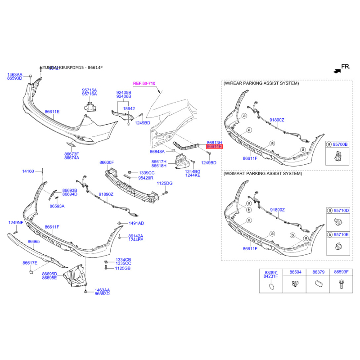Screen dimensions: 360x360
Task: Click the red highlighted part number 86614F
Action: tap(214, 147)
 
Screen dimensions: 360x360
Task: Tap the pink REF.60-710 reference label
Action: tap(144, 84)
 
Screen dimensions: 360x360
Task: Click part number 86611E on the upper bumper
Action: tap(52, 111)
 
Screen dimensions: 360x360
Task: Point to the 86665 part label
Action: tap(34, 242)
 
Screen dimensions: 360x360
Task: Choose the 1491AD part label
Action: tap(136, 223)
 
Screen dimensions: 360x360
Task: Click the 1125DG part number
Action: tap(165, 183)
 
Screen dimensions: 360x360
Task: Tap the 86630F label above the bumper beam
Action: tap(107, 162)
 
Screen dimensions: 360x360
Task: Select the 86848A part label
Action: tap(157, 152)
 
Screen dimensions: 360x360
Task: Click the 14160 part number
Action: tap(28, 171)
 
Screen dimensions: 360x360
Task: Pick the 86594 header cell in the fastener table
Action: tap(295, 272)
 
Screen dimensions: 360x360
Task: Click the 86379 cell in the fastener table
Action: tap(319, 272)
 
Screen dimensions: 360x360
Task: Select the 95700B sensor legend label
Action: tap(340, 144)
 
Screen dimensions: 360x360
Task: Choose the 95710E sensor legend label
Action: tap(340, 234)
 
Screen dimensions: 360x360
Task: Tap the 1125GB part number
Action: tap(122, 268)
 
